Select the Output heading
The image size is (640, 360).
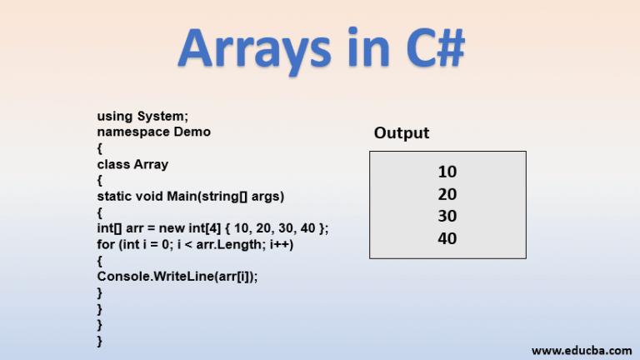[402, 133]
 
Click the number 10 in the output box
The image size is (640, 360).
[447, 172]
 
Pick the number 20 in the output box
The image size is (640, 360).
[447, 195]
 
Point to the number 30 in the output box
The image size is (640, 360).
[447, 217]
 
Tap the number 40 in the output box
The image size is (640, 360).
[447, 239]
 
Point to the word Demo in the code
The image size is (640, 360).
[192, 132]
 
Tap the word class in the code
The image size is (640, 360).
[113, 164]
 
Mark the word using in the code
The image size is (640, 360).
[115, 117]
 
